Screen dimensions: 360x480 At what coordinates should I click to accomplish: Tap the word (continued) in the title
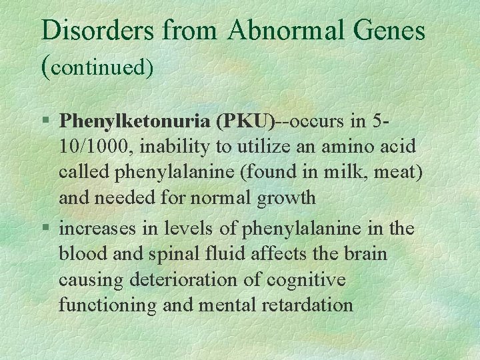click(97, 65)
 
